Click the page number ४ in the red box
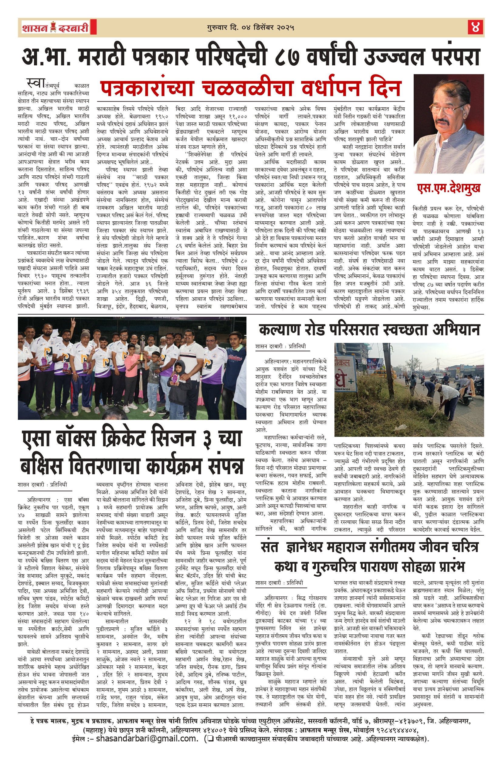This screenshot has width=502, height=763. click(x=475, y=27)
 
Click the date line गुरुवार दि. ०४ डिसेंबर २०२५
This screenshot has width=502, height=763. click(x=251, y=28)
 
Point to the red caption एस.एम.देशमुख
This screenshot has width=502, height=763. click(x=449, y=188)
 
